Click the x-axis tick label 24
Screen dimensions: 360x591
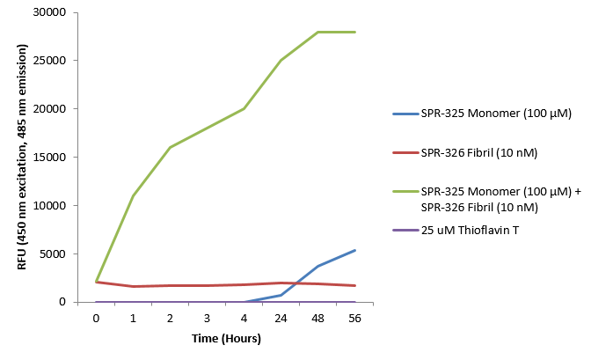(281, 319)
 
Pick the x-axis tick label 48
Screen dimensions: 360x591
(317, 319)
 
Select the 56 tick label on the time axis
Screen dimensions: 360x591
(354, 319)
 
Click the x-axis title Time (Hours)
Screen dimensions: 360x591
(224, 338)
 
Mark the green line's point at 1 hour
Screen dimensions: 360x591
(133, 195)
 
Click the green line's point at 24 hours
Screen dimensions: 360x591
(281, 61)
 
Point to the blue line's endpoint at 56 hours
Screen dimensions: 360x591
(354, 250)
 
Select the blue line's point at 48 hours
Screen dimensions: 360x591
(317, 266)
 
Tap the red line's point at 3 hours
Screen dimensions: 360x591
(207, 285)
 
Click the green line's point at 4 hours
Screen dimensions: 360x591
(244, 109)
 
